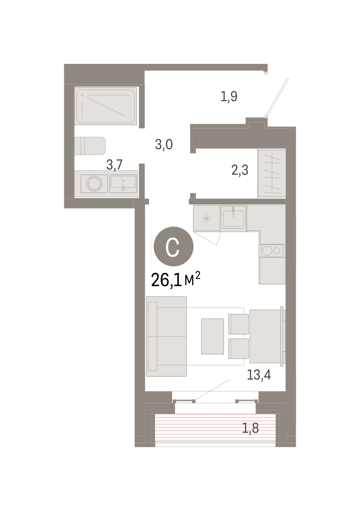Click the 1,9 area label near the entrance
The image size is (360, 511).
point(229,97)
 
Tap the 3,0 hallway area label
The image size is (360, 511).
point(164,144)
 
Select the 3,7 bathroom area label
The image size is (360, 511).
point(114,165)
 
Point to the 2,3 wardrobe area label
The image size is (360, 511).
point(240,170)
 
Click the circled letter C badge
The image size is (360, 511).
point(173,247)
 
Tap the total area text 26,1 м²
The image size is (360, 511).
point(176,280)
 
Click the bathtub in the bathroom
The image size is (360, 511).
point(106,106)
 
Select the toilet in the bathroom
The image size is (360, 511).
point(90,146)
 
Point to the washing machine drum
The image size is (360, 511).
point(94,184)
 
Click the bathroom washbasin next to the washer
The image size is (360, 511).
point(123,184)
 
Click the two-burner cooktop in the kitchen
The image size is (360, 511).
point(271,251)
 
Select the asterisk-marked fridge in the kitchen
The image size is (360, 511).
point(207,218)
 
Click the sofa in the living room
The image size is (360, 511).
point(166,336)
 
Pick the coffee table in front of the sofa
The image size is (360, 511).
point(212,336)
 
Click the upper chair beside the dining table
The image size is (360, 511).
point(239,324)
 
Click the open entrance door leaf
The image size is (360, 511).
point(276,98)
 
